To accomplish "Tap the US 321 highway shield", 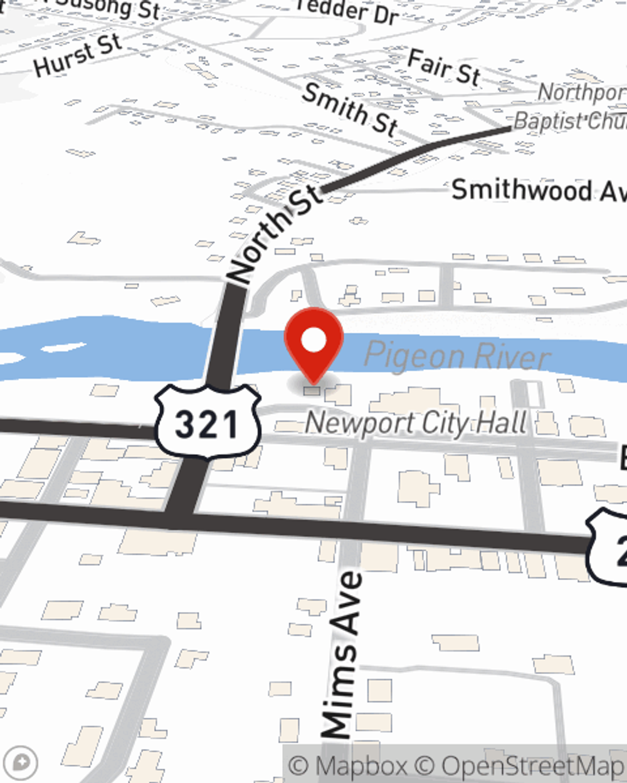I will point(207,422).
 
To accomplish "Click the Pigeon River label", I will point(456,356).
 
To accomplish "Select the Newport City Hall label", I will point(416,423).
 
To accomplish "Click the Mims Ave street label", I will point(341,655).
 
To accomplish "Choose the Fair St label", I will point(444,66).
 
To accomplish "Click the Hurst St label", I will point(78,55).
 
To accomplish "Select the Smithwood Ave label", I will point(538,190).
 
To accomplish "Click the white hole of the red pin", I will point(314,341).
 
